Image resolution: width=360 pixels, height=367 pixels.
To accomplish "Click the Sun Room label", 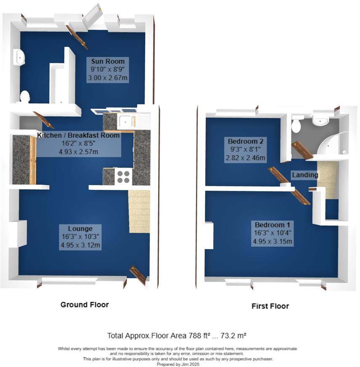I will [108, 61].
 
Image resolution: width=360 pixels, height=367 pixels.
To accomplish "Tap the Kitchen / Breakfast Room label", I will [79, 136].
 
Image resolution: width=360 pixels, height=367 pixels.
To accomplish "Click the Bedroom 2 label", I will [245, 141].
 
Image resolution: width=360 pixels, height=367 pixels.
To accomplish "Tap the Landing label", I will [305, 175].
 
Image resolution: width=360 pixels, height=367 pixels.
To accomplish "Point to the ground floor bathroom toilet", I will [24, 96].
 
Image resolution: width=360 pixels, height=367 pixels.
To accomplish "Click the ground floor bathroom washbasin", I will [18, 57].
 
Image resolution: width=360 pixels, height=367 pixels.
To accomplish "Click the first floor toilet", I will [296, 125].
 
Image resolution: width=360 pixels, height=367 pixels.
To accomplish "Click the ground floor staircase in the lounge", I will [139, 211].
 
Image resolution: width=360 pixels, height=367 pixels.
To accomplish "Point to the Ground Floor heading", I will [85, 305].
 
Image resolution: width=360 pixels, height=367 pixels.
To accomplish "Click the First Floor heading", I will [270, 306].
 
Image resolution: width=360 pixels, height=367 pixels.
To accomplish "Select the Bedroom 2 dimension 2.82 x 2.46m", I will [245, 158].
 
